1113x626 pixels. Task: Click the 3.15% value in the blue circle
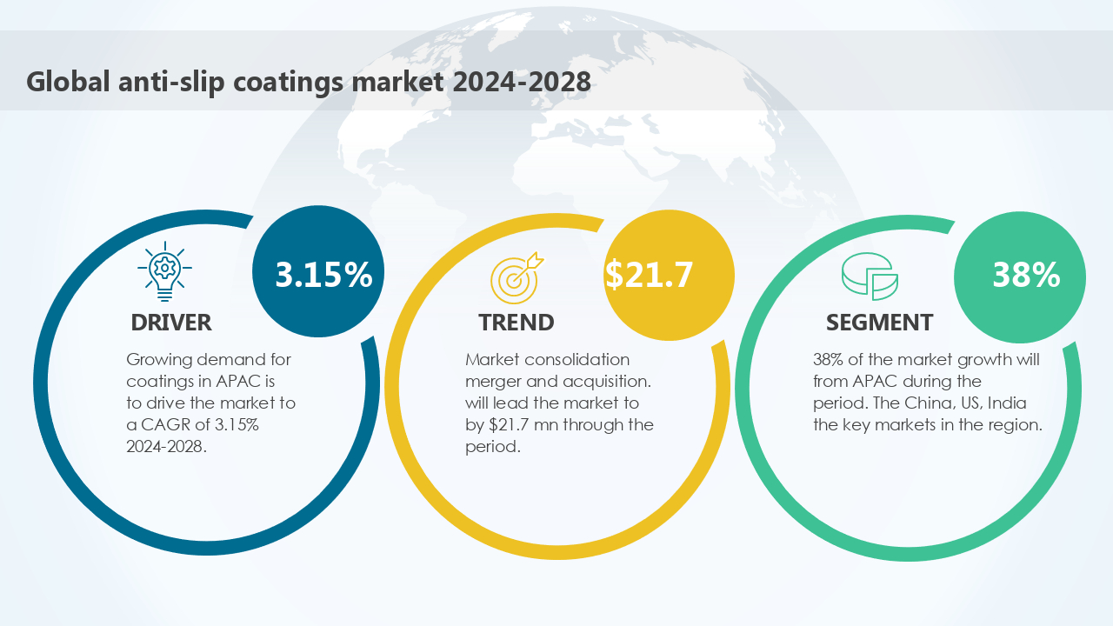pyautogui.click(x=323, y=274)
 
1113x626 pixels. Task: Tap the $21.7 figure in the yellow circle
pyautogui.click(x=650, y=274)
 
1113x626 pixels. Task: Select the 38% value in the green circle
pyautogui.click(x=1026, y=275)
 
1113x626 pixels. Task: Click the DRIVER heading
pyautogui.click(x=171, y=323)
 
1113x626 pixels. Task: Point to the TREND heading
pyautogui.click(x=517, y=323)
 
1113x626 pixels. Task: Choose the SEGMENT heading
pyautogui.click(x=879, y=323)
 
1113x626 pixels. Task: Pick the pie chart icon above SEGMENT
pyautogui.click(x=870, y=276)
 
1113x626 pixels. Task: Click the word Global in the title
pyautogui.click(x=66, y=82)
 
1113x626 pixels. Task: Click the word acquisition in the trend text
pyautogui.click(x=607, y=381)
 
